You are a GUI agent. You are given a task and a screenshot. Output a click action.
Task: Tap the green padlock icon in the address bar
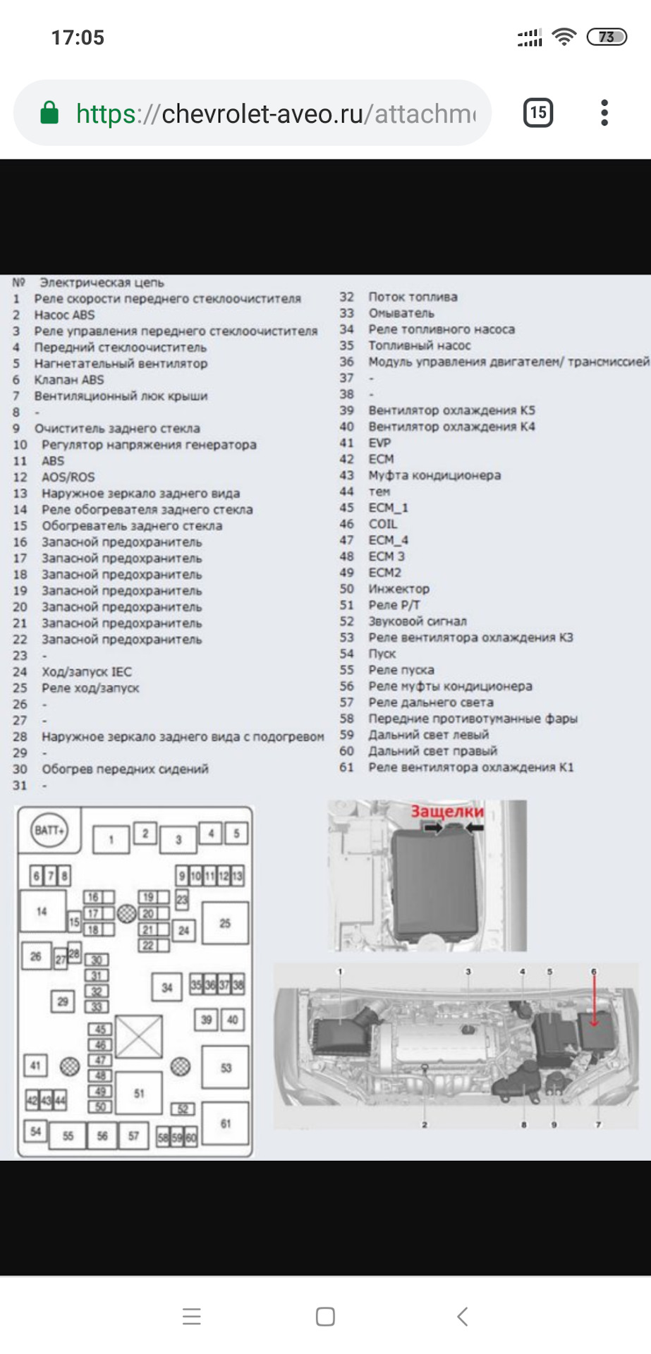click(49, 113)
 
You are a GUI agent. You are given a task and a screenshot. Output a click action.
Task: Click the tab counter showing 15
click(538, 113)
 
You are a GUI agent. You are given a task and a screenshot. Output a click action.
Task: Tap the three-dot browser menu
click(604, 113)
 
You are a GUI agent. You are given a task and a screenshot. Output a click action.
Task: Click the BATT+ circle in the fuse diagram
click(49, 829)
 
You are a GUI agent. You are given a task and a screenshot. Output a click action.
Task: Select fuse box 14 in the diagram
click(42, 911)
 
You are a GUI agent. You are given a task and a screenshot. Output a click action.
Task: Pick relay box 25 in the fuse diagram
click(225, 922)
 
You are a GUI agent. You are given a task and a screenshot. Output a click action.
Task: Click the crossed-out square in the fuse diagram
click(138, 1036)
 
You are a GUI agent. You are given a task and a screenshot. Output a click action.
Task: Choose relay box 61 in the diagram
click(225, 1123)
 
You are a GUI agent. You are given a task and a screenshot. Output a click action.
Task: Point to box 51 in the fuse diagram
click(139, 1093)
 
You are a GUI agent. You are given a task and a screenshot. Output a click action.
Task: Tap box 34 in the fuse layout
click(167, 987)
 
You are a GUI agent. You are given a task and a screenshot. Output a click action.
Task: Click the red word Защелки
click(447, 811)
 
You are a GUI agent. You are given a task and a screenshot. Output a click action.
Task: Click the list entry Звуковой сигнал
click(417, 621)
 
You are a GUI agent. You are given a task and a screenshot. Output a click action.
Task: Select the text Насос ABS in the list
click(64, 315)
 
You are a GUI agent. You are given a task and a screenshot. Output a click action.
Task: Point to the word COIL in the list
click(383, 524)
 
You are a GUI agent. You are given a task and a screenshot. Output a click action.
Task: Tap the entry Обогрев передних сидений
click(125, 769)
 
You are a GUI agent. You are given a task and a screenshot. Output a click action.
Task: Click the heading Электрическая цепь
click(102, 283)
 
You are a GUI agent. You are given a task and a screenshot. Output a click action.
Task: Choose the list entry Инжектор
click(398, 589)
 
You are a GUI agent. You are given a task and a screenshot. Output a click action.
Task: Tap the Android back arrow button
click(462, 1316)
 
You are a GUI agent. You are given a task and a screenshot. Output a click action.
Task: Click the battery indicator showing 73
click(607, 37)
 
